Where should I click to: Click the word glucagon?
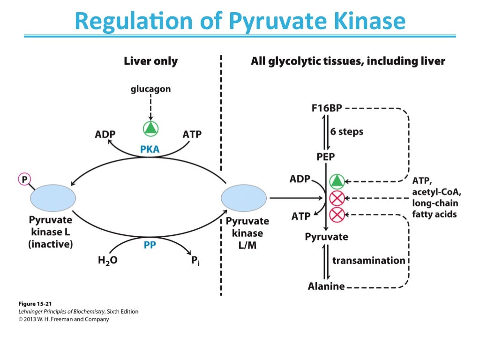click(x=150, y=89)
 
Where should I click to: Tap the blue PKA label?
click(x=150, y=150)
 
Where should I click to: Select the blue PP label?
click(x=150, y=244)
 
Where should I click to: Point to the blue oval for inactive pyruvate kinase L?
click(x=53, y=198)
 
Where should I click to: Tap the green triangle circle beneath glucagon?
click(x=150, y=128)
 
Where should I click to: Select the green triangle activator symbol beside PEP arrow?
click(x=337, y=180)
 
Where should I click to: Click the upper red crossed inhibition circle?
click(x=337, y=198)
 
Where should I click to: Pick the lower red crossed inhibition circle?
click(x=337, y=215)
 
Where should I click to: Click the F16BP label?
click(x=327, y=108)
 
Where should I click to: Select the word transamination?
click(x=369, y=260)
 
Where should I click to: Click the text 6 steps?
click(x=347, y=132)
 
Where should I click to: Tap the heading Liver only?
click(x=150, y=61)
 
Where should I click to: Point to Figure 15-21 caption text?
click(x=32, y=303)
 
